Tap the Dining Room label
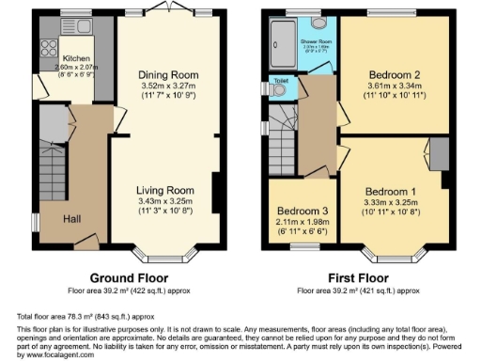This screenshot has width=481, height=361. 169,75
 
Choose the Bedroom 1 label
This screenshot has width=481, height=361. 388,190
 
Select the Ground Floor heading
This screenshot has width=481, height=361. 128,278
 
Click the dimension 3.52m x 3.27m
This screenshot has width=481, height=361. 169,86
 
